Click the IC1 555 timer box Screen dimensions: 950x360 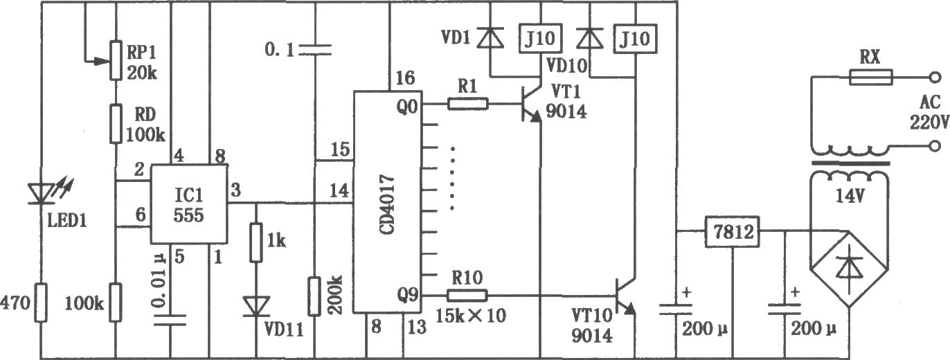coord(189,204)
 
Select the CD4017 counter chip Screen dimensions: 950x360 coord(388,202)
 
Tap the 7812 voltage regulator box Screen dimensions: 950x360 coord(732,231)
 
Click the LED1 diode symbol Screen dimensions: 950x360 coord(41,194)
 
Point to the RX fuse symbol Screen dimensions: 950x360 coord(871,77)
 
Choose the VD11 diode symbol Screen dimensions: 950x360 coord(256,307)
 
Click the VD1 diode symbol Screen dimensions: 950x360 coord(490,37)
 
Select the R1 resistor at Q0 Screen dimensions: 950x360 coord(468,103)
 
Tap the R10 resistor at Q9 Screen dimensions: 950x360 coord(467,296)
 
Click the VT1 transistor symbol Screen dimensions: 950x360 coord(531,104)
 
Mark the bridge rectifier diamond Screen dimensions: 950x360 coord(850,269)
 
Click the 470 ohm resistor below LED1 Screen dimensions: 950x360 coord(41,303)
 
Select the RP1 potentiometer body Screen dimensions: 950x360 coord(116,60)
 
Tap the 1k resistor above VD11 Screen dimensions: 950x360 coord(256,242)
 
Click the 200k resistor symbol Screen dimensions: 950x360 coord(314,296)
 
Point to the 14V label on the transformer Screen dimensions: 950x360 coord(850,196)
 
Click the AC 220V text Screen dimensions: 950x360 coord(929,112)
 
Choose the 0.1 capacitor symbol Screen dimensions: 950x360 coord(314,49)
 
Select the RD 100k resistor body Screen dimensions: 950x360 coord(116,123)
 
